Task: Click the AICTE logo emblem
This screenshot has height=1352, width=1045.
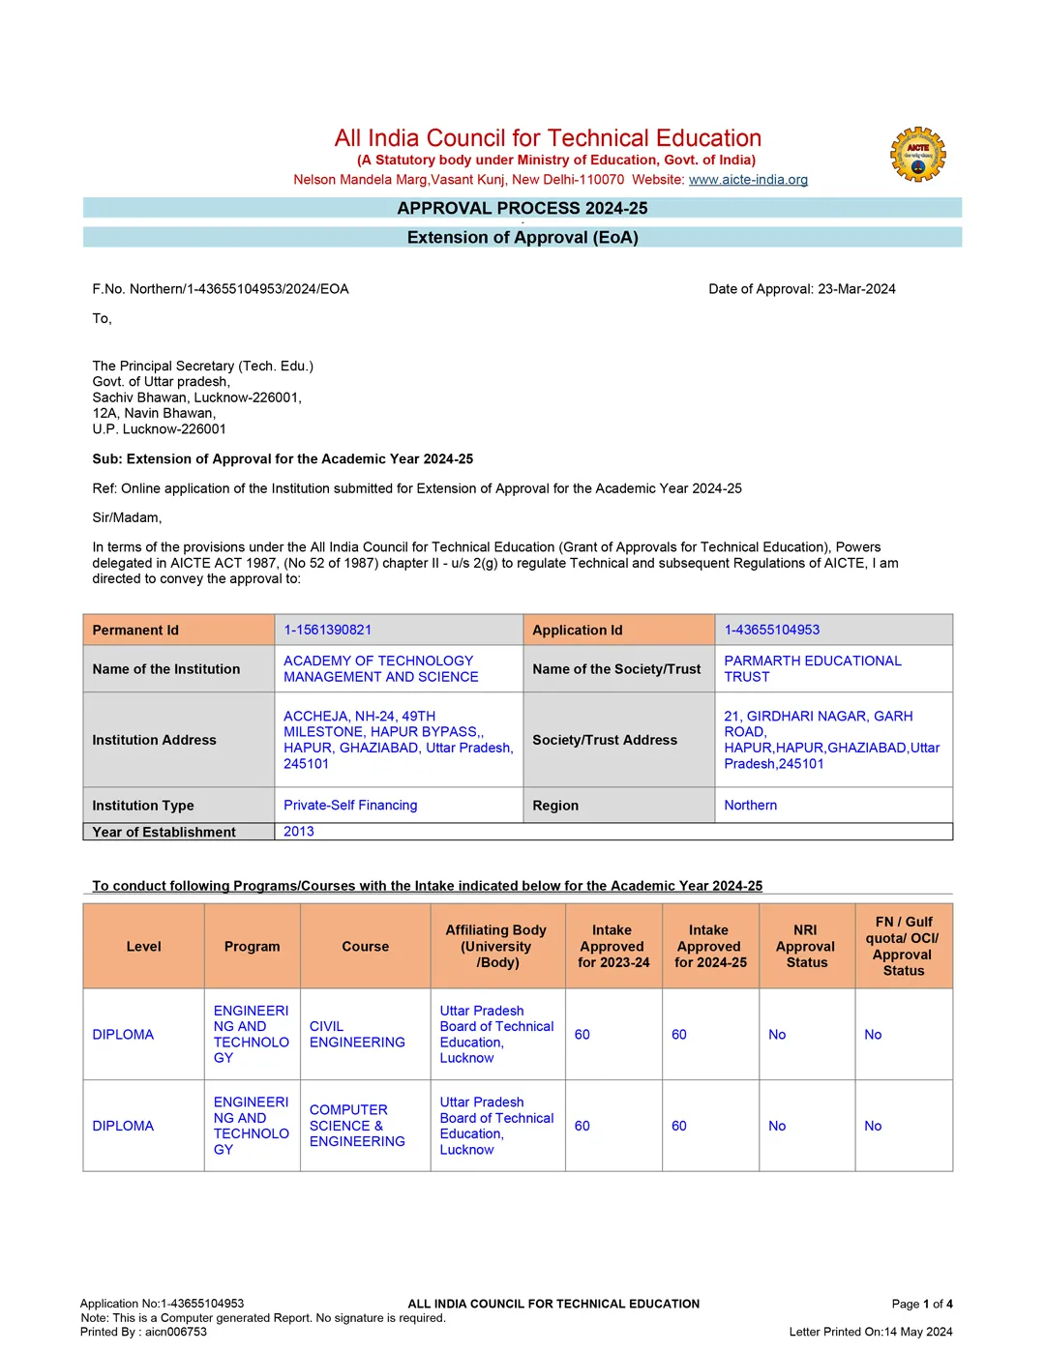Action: [x=917, y=155]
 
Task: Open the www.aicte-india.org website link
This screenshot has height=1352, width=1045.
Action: [x=748, y=180]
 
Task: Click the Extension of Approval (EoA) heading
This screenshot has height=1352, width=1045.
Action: [x=522, y=238]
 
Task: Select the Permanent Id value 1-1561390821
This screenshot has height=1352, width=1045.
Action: [x=327, y=630]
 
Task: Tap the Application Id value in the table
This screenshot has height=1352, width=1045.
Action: [x=771, y=630]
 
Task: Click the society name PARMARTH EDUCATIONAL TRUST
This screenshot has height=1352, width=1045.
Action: [x=812, y=668]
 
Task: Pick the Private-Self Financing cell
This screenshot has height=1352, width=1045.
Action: [x=350, y=805]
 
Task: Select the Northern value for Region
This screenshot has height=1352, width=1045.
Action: [x=750, y=805]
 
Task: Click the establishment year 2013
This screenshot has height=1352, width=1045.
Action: [x=298, y=832]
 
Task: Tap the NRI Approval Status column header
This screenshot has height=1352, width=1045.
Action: [x=806, y=946]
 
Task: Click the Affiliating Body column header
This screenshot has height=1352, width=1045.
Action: [x=496, y=946]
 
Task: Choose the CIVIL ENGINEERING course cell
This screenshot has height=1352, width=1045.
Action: [x=357, y=1034]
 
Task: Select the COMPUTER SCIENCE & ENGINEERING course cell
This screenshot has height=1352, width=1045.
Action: [x=357, y=1126]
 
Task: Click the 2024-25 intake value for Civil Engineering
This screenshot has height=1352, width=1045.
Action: [x=679, y=1035]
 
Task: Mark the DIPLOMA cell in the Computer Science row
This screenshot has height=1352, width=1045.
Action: [x=123, y=1126]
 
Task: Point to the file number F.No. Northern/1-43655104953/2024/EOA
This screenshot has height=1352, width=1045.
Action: [x=221, y=289]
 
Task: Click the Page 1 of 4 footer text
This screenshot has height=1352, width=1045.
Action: [x=921, y=1304]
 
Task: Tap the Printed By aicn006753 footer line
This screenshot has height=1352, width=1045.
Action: [x=143, y=1332]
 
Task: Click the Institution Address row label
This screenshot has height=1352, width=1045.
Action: [x=155, y=740]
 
